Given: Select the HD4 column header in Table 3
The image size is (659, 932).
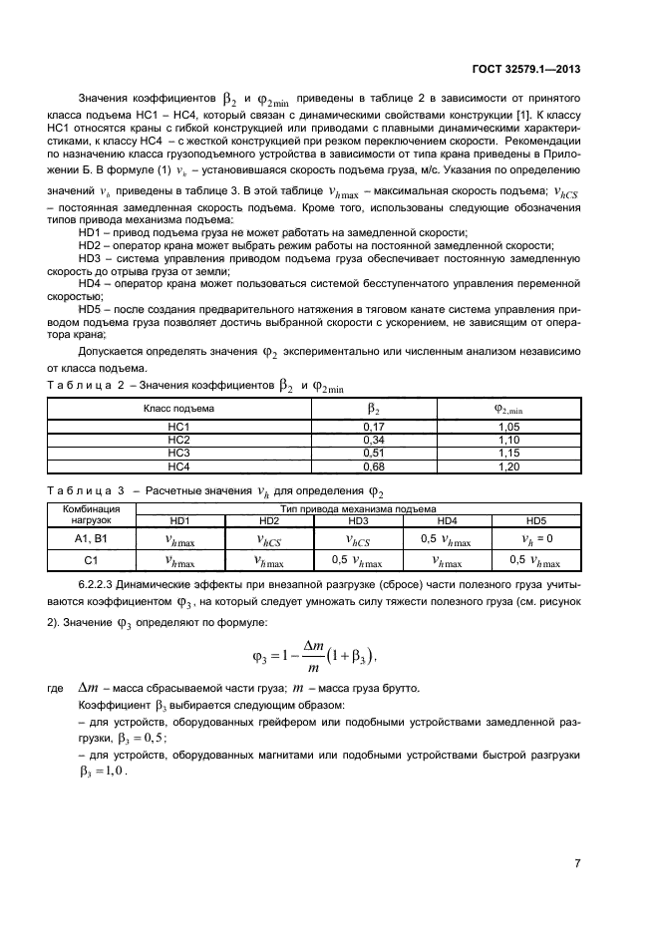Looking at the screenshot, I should (448, 520).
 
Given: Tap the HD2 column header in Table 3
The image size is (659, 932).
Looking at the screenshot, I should (268, 520).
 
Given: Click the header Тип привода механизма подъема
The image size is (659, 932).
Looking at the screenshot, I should (358, 508).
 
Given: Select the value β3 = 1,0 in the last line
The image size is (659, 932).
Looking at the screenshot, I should (103, 772).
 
